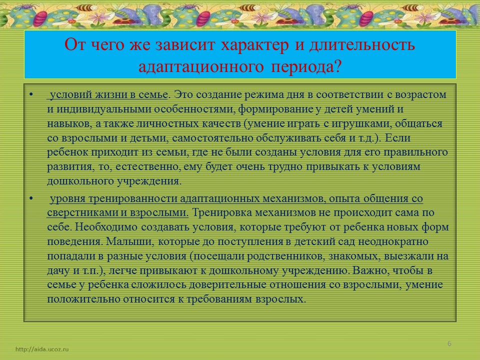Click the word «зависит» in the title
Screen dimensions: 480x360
tap(185, 44)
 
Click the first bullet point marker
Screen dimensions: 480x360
tap(31, 94)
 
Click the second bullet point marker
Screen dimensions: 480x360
tap(31, 198)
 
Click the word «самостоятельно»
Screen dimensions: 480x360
tap(212, 138)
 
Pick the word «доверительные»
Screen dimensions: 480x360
tap(228, 285)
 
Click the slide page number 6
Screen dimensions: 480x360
tap(449, 343)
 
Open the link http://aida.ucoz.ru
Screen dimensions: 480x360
tap(42, 349)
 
